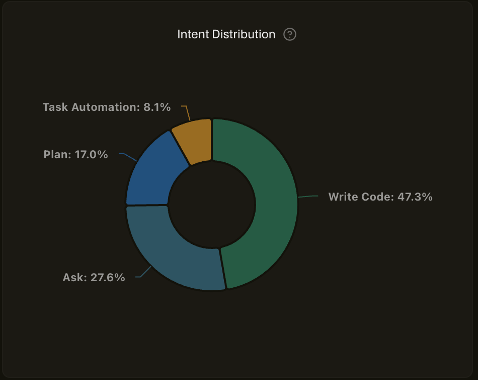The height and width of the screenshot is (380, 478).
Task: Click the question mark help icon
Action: coord(290,34)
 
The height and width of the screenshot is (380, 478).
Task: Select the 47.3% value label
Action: coord(415,197)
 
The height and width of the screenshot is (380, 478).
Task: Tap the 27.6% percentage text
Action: coord(108,277)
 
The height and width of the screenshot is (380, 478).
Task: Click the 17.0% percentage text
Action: coord(92,155)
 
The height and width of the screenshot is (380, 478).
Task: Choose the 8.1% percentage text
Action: coord(157,107)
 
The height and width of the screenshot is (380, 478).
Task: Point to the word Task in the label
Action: coord(55,107)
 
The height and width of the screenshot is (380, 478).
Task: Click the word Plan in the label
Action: coord(57,155)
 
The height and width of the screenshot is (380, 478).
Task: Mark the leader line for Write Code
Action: coord(308,196)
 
